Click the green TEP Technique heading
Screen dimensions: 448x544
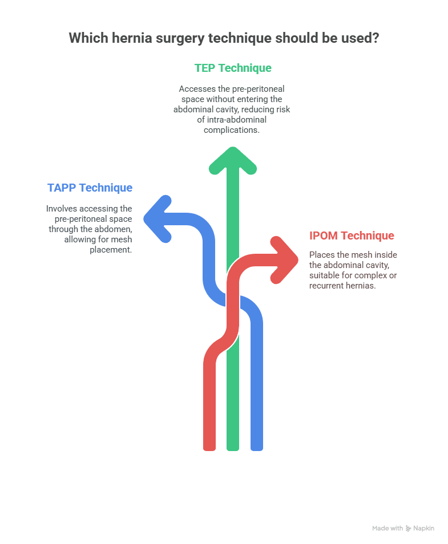pyautogui.click(x=233, y=68)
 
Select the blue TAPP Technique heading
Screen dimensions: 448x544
pyautogui.click(x=90, y=188)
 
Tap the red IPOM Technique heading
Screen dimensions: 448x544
pyautogui.click(x=352, y=236)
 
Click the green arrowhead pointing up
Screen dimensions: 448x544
pyautogui.click(x=233, y=161)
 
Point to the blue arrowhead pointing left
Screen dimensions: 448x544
pyautogui.click(x=158, y=219)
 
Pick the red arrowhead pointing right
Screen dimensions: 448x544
pyautogui.click(x=284, y=260)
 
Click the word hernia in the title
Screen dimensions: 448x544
pyautogui.click(x=132, y=38)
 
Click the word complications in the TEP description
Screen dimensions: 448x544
pyautogui.click(x=232, y=130)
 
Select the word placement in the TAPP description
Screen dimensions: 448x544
pyautogui.click(x=111, y=250)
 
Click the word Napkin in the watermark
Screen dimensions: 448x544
pyautogui.click(x=423, y=528)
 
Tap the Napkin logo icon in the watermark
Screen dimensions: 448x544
pyautogui.click(x=409, y=529)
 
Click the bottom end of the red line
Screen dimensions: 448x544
pyautogui.click(x=209, y=450)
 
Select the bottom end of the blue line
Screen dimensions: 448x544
pyautogui.click(x=257, y=450)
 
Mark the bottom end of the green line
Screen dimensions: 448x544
pyautogui.click(x=233, y=450)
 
